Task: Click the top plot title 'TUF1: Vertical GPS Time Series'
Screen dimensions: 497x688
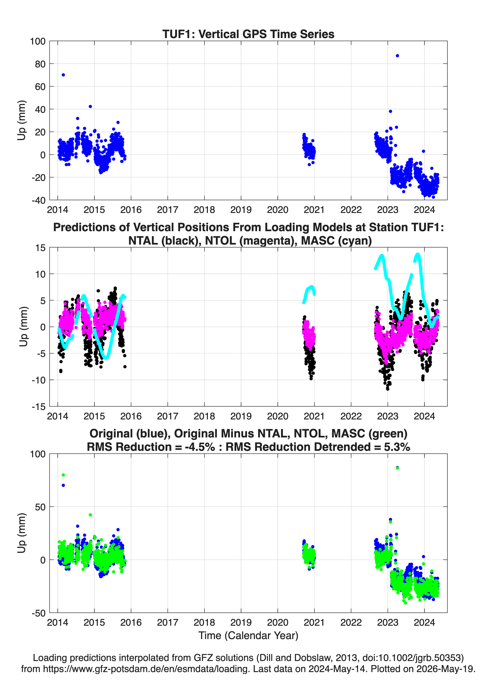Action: point(248,34)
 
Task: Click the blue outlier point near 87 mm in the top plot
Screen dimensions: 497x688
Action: point(397,56)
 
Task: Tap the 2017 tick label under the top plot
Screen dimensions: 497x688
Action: point(168,210)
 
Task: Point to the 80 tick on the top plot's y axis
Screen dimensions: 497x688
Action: point(40,64)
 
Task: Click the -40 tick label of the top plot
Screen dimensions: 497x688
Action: point(39,200)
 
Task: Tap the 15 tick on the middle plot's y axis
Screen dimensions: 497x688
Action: point(40,248)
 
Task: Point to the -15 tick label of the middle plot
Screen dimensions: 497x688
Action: point(39,407)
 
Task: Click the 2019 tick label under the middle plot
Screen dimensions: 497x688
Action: point(241,416)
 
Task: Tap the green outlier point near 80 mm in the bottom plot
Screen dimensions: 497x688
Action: point(63,475)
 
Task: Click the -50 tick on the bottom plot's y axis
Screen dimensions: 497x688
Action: point(39,613)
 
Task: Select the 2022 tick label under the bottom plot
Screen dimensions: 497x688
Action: point(351,622)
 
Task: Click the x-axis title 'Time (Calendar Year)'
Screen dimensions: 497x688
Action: point(248,635)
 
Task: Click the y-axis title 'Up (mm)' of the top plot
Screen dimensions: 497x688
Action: point(21,120)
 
